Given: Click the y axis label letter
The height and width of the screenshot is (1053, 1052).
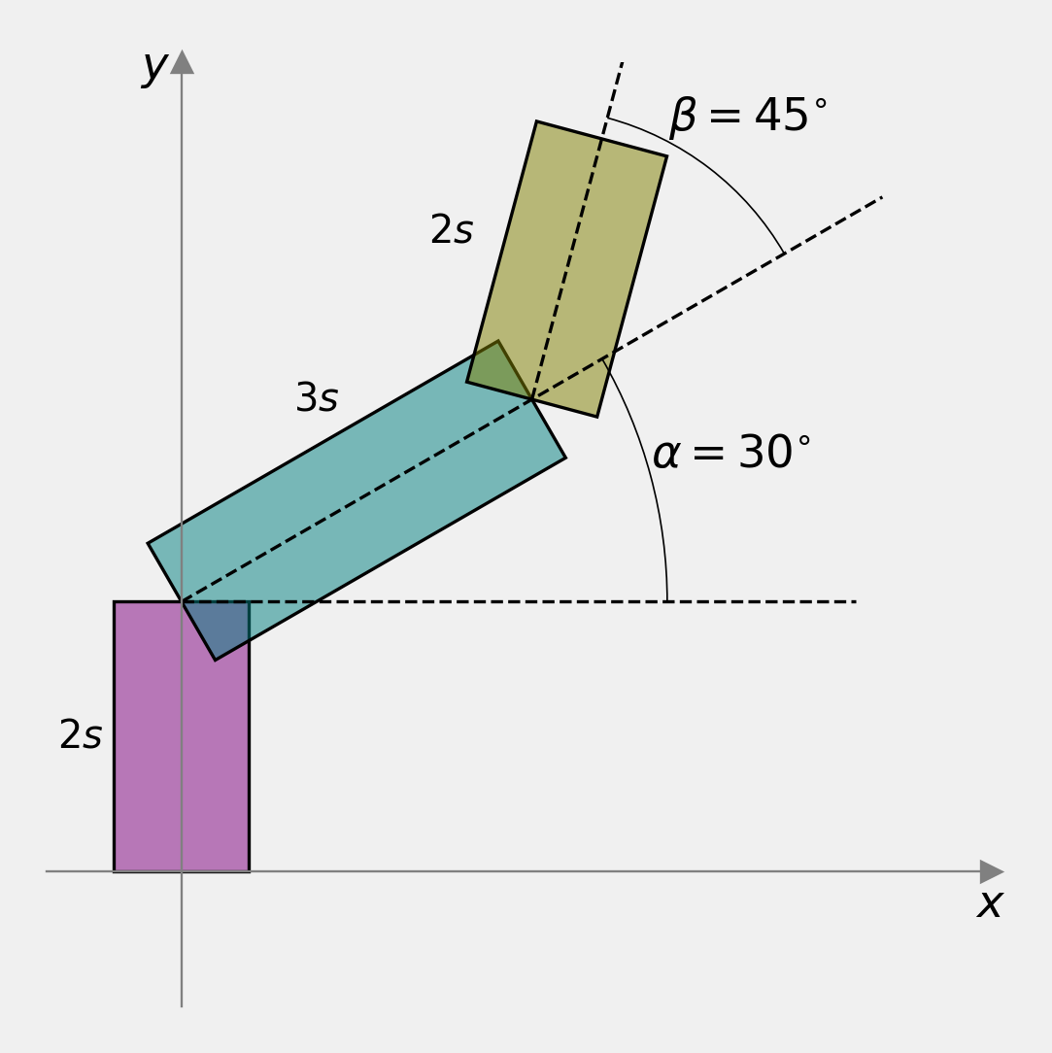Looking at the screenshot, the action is (x=155, y=68).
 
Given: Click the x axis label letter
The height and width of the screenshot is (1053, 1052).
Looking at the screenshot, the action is (x=990, y=904).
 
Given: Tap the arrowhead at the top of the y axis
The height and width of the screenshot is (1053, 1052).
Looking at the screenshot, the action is (x=182, y=61).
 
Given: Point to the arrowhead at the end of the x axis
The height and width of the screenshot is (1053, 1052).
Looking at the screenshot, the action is (x=992, y=871).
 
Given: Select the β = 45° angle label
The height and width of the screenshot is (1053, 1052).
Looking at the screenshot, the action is (x=749, y=116).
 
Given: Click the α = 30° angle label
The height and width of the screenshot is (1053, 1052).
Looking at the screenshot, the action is (x=731, y=452).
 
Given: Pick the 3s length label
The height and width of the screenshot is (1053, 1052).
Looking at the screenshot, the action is (x=317, y=397).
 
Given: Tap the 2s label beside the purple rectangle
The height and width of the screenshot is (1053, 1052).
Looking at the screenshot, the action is (x=81, y=734).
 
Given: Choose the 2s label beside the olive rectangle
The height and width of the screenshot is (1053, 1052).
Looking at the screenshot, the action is (x=451, y=229).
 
